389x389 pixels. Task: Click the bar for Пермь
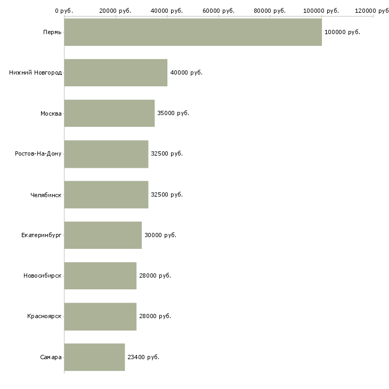[193, 32]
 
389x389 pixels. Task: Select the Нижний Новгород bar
[116, 72]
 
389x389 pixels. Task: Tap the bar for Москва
[109, 113]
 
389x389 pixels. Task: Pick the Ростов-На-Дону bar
[106, 153]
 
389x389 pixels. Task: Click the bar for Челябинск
[106, 194]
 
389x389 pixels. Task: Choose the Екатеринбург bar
[103, 235]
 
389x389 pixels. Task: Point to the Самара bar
[94, 357]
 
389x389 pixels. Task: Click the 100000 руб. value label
[342, 32]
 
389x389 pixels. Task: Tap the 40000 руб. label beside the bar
[186, 72]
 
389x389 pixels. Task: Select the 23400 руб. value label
[143, 357]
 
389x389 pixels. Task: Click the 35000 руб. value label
[173, 113]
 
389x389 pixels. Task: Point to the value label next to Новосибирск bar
[155, 275]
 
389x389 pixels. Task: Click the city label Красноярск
[44, 316]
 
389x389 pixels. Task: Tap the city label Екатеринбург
[42, 235]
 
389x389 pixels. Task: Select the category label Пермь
[52, 32]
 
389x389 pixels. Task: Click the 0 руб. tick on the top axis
[64, 11]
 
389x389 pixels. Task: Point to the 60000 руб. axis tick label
[218, 11]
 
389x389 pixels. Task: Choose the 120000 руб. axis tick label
[372, 11]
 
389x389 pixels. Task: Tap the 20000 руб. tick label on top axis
[116, 11]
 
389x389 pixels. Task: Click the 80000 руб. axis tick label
[270, 11]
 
